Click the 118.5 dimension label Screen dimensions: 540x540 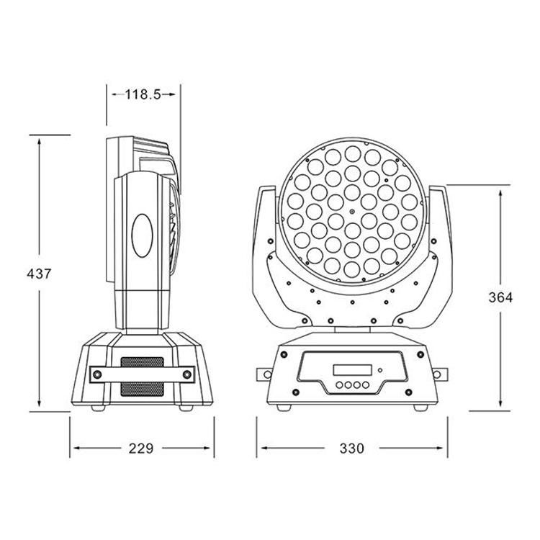pos(143,94)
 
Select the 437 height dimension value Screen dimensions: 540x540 pos(39,274)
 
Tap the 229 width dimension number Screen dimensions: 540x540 pos(141,449)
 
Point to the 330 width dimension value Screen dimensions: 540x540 pos(351,449)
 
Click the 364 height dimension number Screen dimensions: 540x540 pos(500,297)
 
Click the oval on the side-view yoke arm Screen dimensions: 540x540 pos(143,235)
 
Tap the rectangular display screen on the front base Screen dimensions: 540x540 pos(352,370)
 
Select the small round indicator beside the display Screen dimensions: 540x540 pos(380,371)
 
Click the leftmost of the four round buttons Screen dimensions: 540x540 pos(340,384)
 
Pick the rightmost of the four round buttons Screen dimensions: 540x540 pos(365,384)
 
